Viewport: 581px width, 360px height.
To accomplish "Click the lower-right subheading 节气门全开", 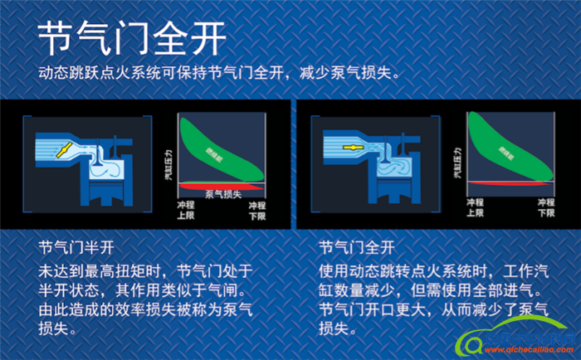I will (356, 248).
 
